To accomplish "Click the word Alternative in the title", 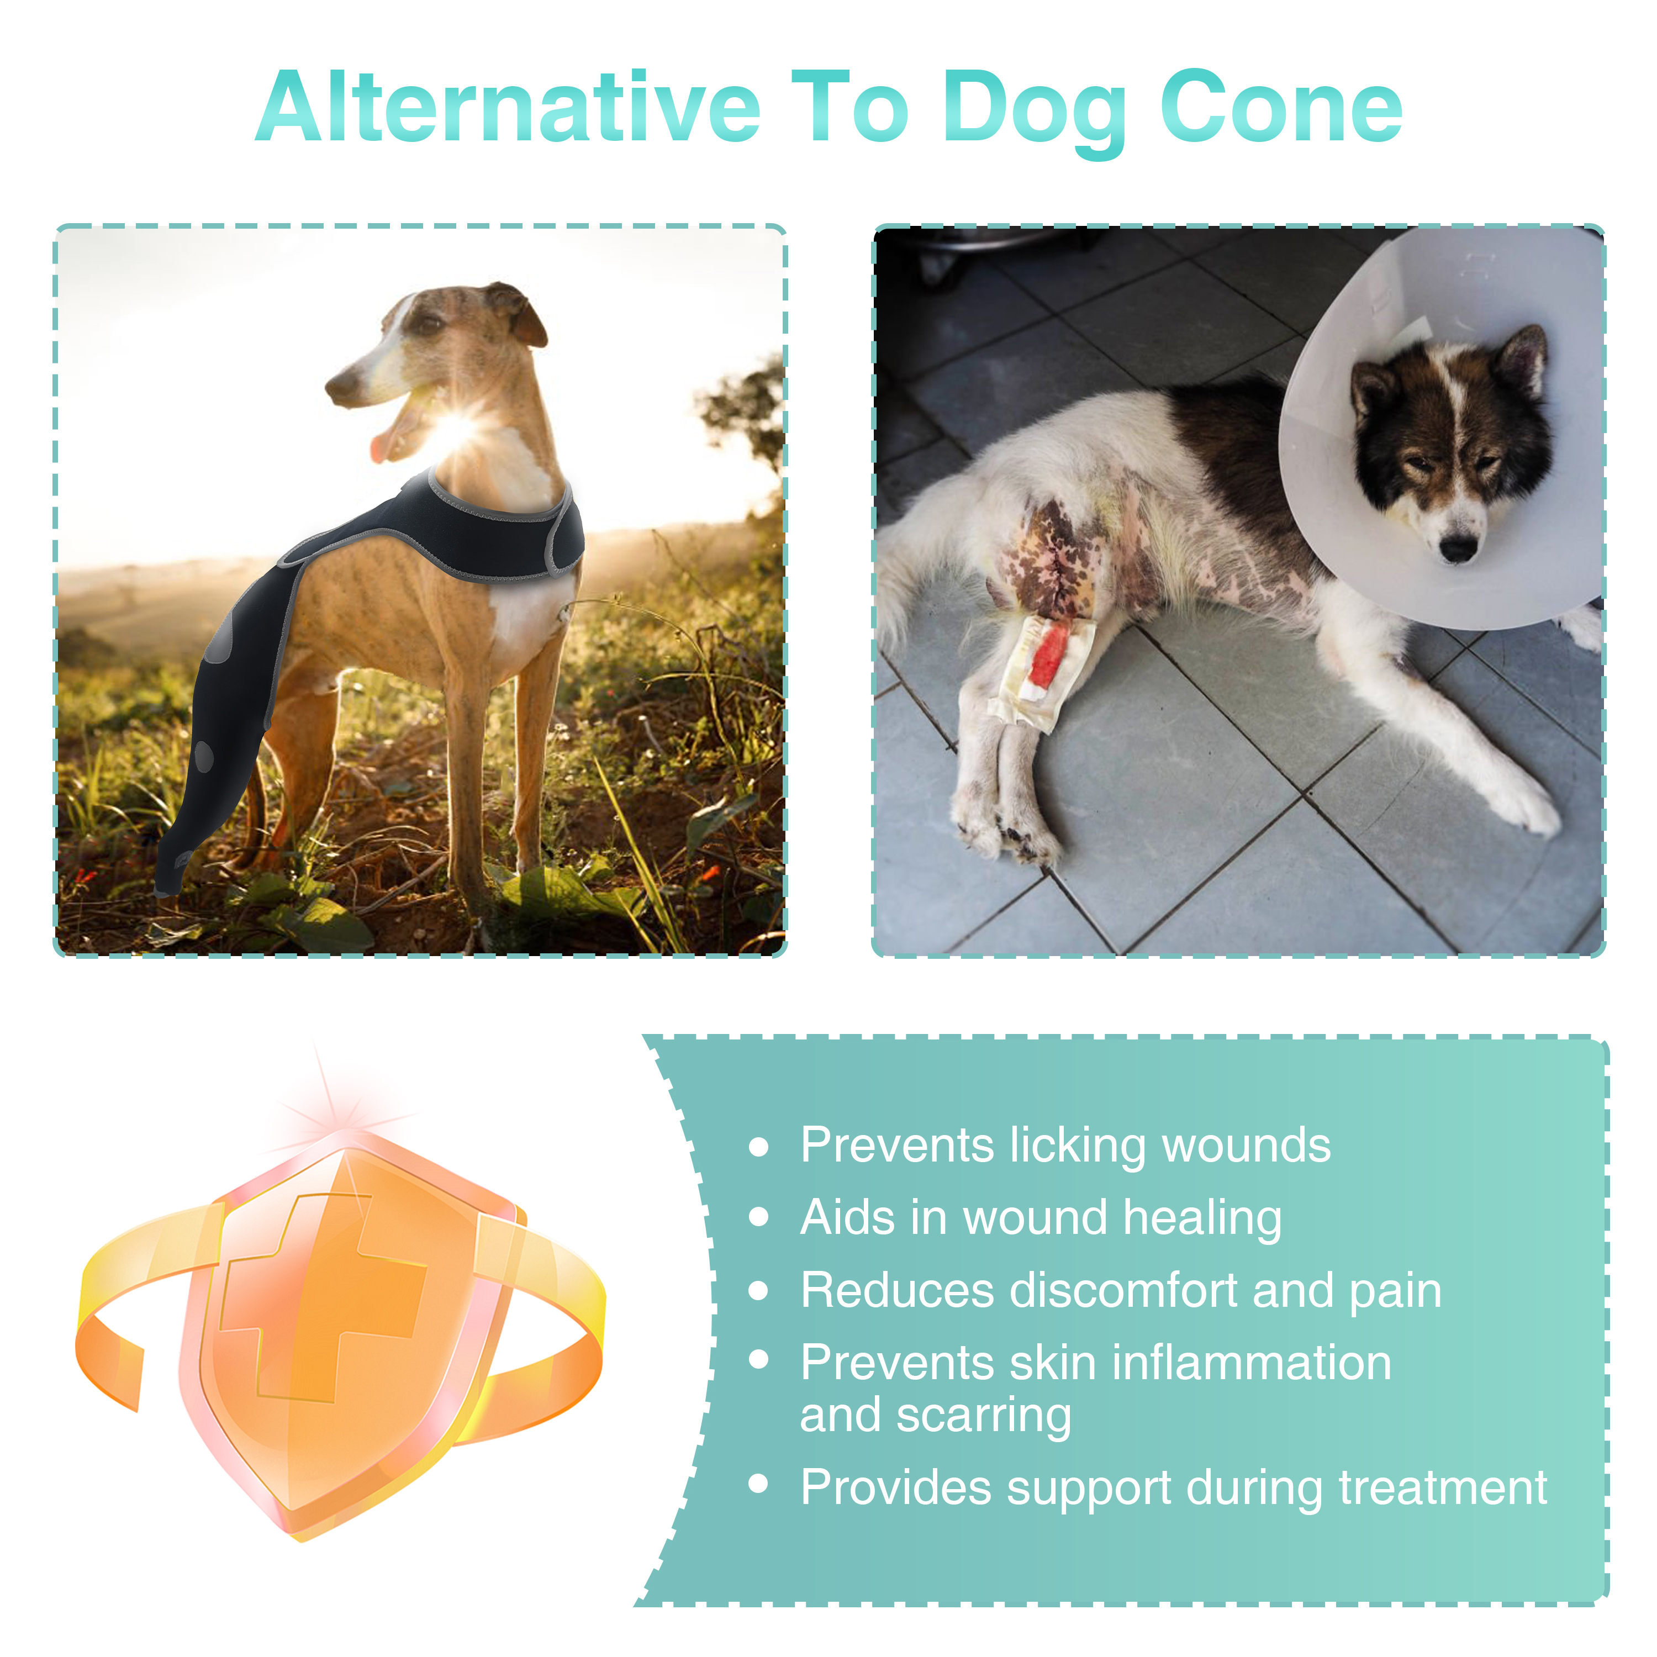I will tap(508, 109).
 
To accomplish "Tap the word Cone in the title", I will tap(1281, 109).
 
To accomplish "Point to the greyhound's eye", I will tap(429, 324).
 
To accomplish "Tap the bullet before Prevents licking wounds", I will tap(758, 1148).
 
